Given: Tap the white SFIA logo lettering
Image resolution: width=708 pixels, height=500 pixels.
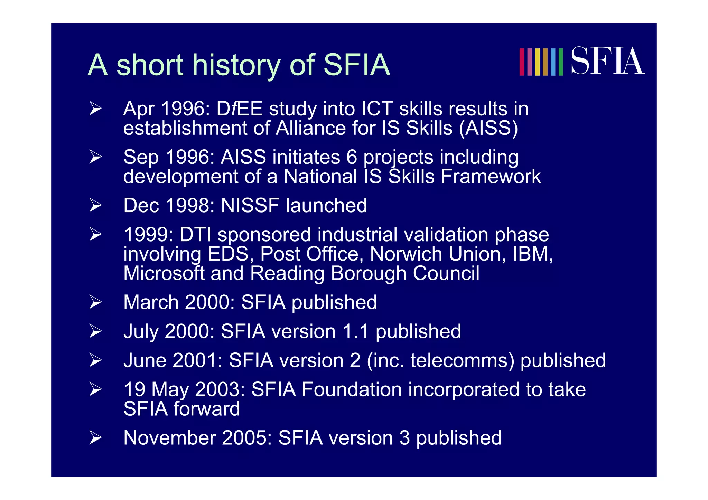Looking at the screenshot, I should pyautogui.click(x=607, y=61).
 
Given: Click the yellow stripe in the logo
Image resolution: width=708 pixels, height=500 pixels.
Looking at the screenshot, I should pyautogui.click(x=537, y=62).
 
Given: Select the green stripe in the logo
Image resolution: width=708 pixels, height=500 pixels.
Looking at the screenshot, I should pyautogui.click(x=561, y=62).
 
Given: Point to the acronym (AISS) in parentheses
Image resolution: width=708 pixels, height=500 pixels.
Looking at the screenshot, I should pyautogui.click(x=488, y=128).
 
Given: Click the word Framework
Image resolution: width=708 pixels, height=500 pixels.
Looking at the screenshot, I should pyautogui.click(x=491, y=177).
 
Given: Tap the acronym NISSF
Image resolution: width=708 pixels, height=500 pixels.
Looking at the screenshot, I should pyautogui.click(x=250, y=206).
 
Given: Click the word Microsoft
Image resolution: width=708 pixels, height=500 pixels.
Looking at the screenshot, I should pyautogui.click(x=164, y=273).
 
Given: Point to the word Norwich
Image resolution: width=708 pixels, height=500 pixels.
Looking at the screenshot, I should pyautogui.click(x=406, y=254).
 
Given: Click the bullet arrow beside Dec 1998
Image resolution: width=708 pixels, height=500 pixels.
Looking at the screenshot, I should pyautogui.click(x=95, y=205).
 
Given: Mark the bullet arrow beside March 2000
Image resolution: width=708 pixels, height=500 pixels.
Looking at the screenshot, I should pyautogui.click(x=95, y=302).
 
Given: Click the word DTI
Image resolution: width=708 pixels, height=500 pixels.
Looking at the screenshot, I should pyautogui.click(x=195, y=235).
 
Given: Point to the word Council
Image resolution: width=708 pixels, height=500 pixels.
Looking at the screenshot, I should pyautogui.click(x=446, y=273).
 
